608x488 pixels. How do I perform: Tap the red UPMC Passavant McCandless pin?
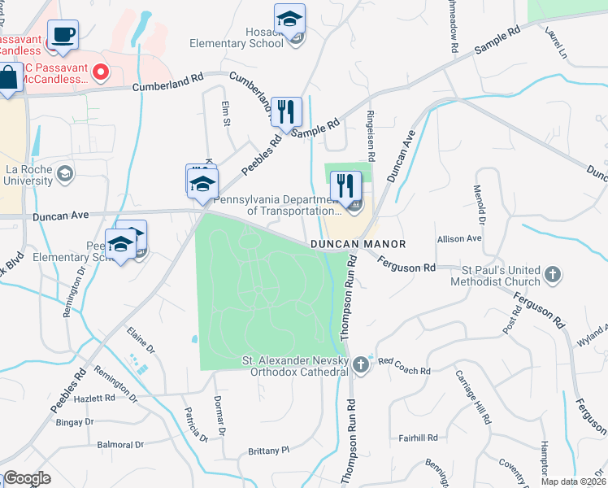101,72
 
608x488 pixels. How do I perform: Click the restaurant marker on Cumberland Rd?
285,111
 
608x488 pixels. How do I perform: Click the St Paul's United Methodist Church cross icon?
553,273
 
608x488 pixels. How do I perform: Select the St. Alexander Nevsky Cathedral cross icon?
360,367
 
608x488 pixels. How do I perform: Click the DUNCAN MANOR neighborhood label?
357,244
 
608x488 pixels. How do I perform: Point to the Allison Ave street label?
459,239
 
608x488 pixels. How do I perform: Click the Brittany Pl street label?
268,450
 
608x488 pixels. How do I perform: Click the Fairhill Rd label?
419,436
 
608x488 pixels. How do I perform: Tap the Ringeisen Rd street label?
371,135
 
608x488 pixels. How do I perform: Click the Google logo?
27,478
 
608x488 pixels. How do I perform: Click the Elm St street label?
227,113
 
